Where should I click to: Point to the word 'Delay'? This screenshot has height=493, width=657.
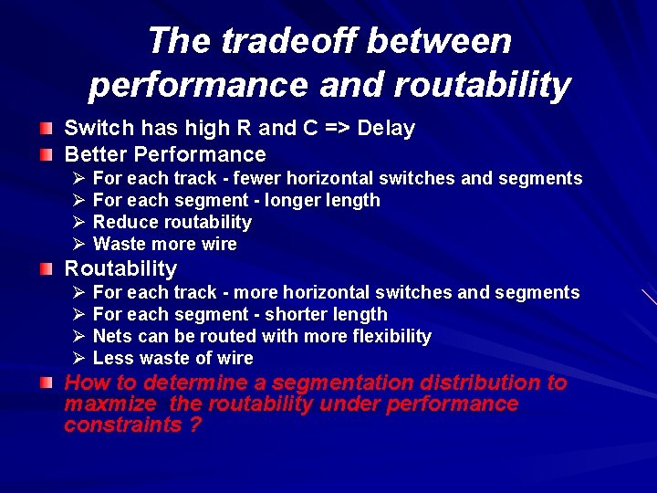pyautogui.click(x=386, y=129)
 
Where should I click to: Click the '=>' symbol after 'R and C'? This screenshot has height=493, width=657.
pyautogui.click(x=336, y=129)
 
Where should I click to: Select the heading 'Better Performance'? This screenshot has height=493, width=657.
pyautogui.click(x=164, y=154)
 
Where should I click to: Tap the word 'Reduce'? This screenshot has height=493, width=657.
pyautogui.click(x=123, y=222)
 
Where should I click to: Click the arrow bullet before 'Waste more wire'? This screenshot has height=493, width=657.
pyautogui.click(x=78, y=244)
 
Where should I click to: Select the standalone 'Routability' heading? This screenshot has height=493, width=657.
pyautogui.click(x=120, y=268)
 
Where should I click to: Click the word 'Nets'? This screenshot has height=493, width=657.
pyautogui.click(x=112, y=336)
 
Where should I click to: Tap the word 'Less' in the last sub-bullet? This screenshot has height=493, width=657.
pyautogui.click(x=112, y=358)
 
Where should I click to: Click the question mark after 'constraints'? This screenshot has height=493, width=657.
pyautogui.click(x=195, y=425)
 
